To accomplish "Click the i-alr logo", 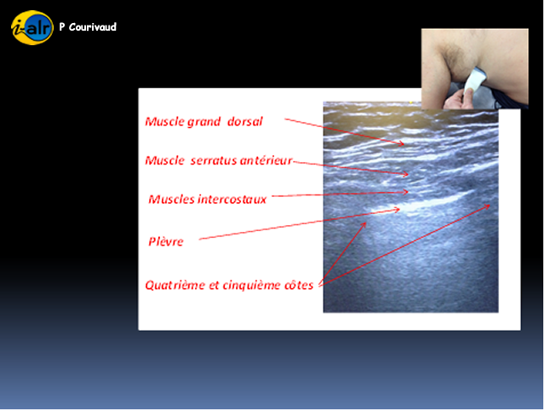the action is pos(32,27).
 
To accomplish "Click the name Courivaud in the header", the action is pos(93,27).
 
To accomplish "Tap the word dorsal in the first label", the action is pos(244,121).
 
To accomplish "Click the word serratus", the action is pos(213,160).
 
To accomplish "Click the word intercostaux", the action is pos(232,199).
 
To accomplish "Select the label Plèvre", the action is pos(166,241).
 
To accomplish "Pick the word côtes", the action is pos(299,285).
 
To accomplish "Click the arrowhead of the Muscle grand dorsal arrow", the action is pos(401,143).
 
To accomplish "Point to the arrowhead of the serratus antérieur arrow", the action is pos(405,174).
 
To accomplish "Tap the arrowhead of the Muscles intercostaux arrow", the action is pos(405,192).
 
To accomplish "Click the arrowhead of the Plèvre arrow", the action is pos(397,210).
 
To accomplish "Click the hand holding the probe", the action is pos(458,99).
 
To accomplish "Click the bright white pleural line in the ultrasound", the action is pos(422,203).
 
